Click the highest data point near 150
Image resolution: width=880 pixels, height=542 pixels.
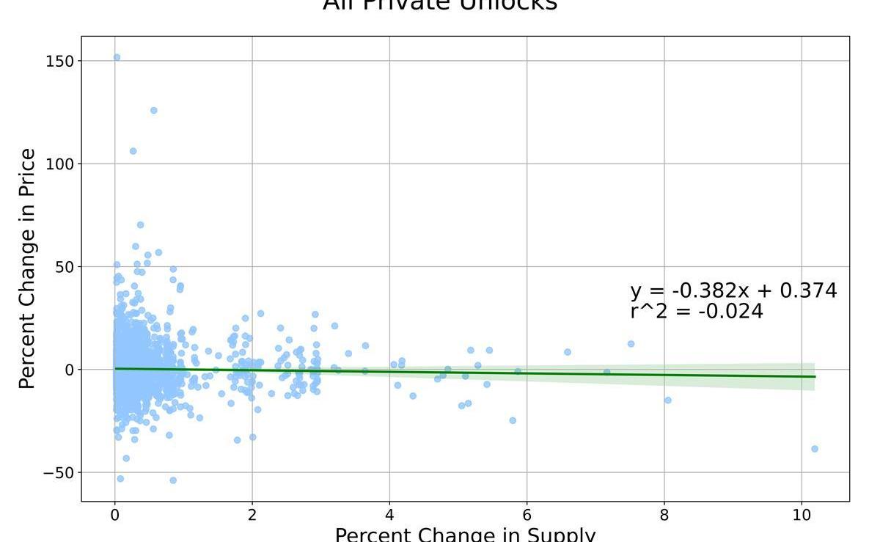[117, 57]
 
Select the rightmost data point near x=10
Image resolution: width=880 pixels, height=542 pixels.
[814, 449]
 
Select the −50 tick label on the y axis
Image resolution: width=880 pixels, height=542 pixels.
[59, 473]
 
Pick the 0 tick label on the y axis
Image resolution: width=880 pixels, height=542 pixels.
[70, 370]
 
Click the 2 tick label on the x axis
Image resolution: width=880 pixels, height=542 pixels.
[252, 515]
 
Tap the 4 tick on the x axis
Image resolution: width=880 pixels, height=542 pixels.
[389, 515]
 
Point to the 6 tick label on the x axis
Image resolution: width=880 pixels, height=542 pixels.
[527, 515]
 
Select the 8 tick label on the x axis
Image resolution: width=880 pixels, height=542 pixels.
[664, 515]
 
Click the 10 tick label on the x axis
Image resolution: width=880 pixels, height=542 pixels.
[802, 515]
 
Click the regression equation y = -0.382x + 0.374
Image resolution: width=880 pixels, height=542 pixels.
[733, 291]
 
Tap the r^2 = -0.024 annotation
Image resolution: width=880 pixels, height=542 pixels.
[696, 312]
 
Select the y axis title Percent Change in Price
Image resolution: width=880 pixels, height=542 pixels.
[27, 268]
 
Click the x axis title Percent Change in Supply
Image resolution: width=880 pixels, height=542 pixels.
[465, 534]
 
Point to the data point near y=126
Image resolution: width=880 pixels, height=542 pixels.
[153, 111]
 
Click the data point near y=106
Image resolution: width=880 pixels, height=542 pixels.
[133, 151]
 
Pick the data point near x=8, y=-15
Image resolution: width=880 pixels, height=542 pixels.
[667, 400]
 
